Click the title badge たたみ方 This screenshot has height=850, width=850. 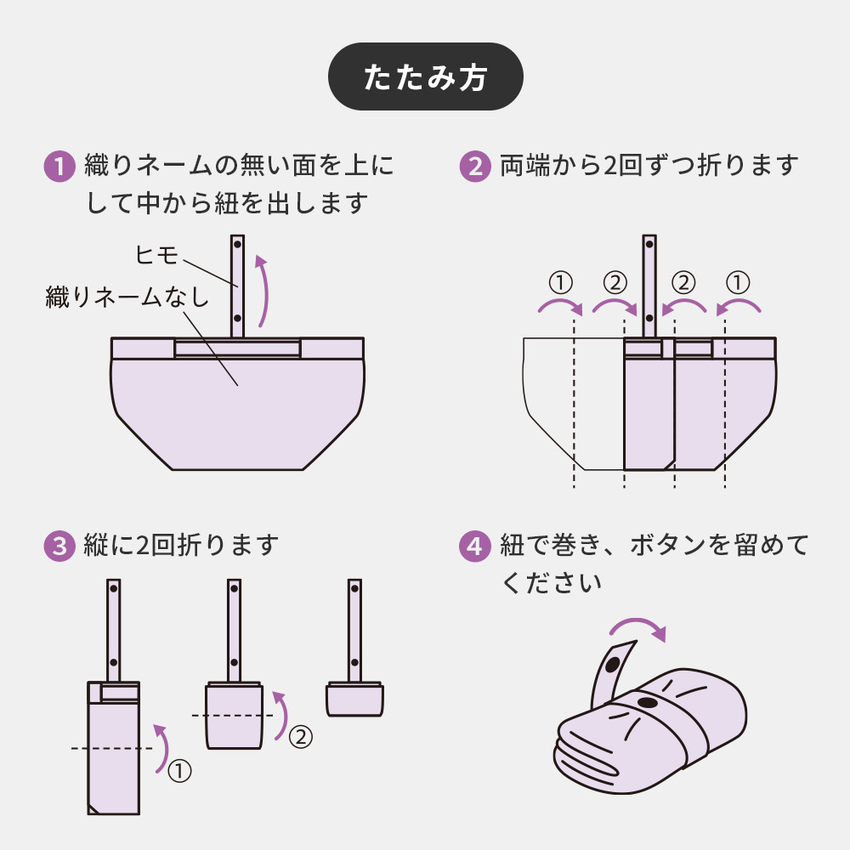pos(425,76)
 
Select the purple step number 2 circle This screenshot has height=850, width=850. pos(475,165)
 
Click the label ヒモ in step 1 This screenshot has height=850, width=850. pos(157,253)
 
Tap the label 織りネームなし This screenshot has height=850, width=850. pos(126,297)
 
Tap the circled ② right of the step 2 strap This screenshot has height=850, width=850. pos(683,281)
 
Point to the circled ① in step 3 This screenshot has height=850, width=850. pos(179,770)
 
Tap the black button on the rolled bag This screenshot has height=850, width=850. pos(647,702)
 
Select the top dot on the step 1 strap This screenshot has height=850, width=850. pos(238,245)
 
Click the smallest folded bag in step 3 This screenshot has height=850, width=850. pos(354,699)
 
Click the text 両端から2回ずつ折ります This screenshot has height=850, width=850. pos(649,165)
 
